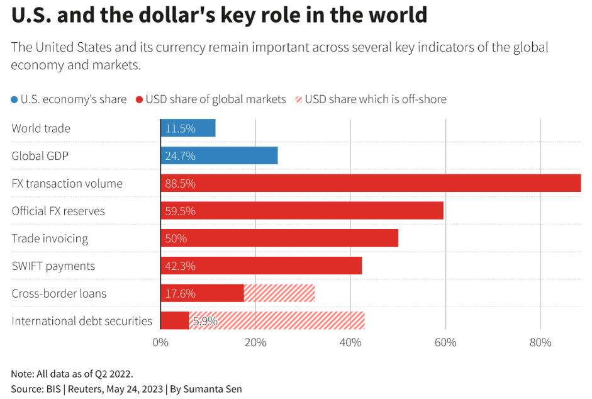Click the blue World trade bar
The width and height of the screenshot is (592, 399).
[x=188, y=128]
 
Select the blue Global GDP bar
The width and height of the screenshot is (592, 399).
[x=219, y=156]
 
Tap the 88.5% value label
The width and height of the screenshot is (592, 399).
[x=181, y=184]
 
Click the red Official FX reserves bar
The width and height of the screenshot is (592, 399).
[x=302, y=211]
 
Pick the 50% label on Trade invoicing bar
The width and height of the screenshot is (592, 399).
[x=176, y=239]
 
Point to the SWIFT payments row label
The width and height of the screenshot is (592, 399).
[x=53, y=266]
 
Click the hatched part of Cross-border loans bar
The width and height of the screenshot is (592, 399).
[x=279, y=293]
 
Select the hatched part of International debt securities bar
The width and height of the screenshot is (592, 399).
[x=289, y=321]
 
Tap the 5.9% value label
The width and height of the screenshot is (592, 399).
[x=205, y=321]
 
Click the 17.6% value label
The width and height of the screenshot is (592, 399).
[x=181, y=293]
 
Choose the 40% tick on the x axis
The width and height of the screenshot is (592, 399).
[x=350, y=343]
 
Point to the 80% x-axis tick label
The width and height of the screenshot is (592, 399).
[x=540, y=343]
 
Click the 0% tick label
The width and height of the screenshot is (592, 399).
[x=160, y=343]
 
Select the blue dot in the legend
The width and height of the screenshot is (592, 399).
[x=14, y=99]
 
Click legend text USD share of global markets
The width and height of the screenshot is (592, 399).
[x=216, y=99]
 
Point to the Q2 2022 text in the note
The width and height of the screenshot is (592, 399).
[x=112, y=374]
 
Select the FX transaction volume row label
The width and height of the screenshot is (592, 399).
[x=67, y=184]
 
